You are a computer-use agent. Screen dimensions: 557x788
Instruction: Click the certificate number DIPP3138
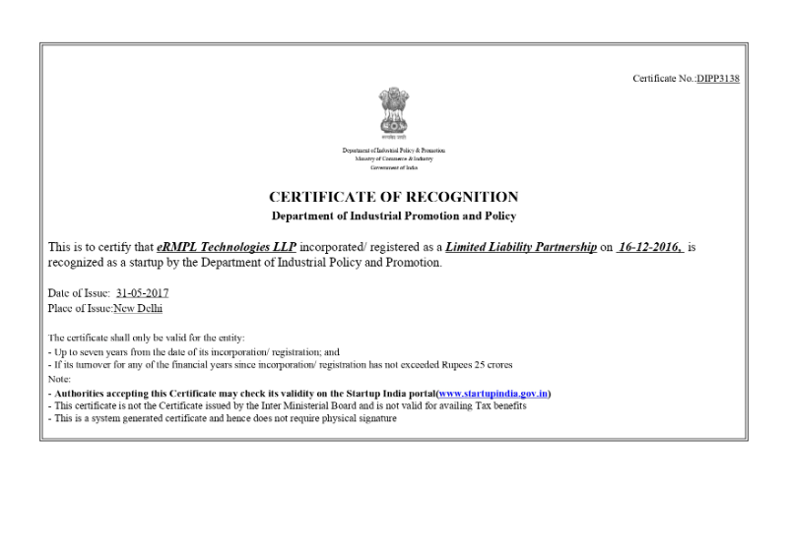[x=717, y=79]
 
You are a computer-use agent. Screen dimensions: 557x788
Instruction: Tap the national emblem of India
[x=393, y=115]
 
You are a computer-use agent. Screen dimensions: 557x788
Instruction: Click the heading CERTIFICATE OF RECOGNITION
[x=393, y=198]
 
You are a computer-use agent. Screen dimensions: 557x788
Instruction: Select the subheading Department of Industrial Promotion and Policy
[x=393, y=216]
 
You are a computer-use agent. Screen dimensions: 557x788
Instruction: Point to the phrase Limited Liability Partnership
[x=521, y=247]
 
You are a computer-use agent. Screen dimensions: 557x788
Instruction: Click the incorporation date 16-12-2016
[x=649, y=247]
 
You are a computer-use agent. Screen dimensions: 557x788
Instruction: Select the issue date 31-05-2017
[x=142, y=293]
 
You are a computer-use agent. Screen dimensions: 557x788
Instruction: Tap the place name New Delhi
[x=138, y=308]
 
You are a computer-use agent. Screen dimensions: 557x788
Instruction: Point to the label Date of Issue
[x=79, y=293]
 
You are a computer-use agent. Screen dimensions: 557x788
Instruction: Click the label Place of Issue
[x=80, y=308]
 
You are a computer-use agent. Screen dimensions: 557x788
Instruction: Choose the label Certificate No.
[x=663, y=79]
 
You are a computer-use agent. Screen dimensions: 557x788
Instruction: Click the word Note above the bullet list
[x=58, y=379]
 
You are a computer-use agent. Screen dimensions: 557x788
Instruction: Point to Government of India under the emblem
[x=393, y=168]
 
